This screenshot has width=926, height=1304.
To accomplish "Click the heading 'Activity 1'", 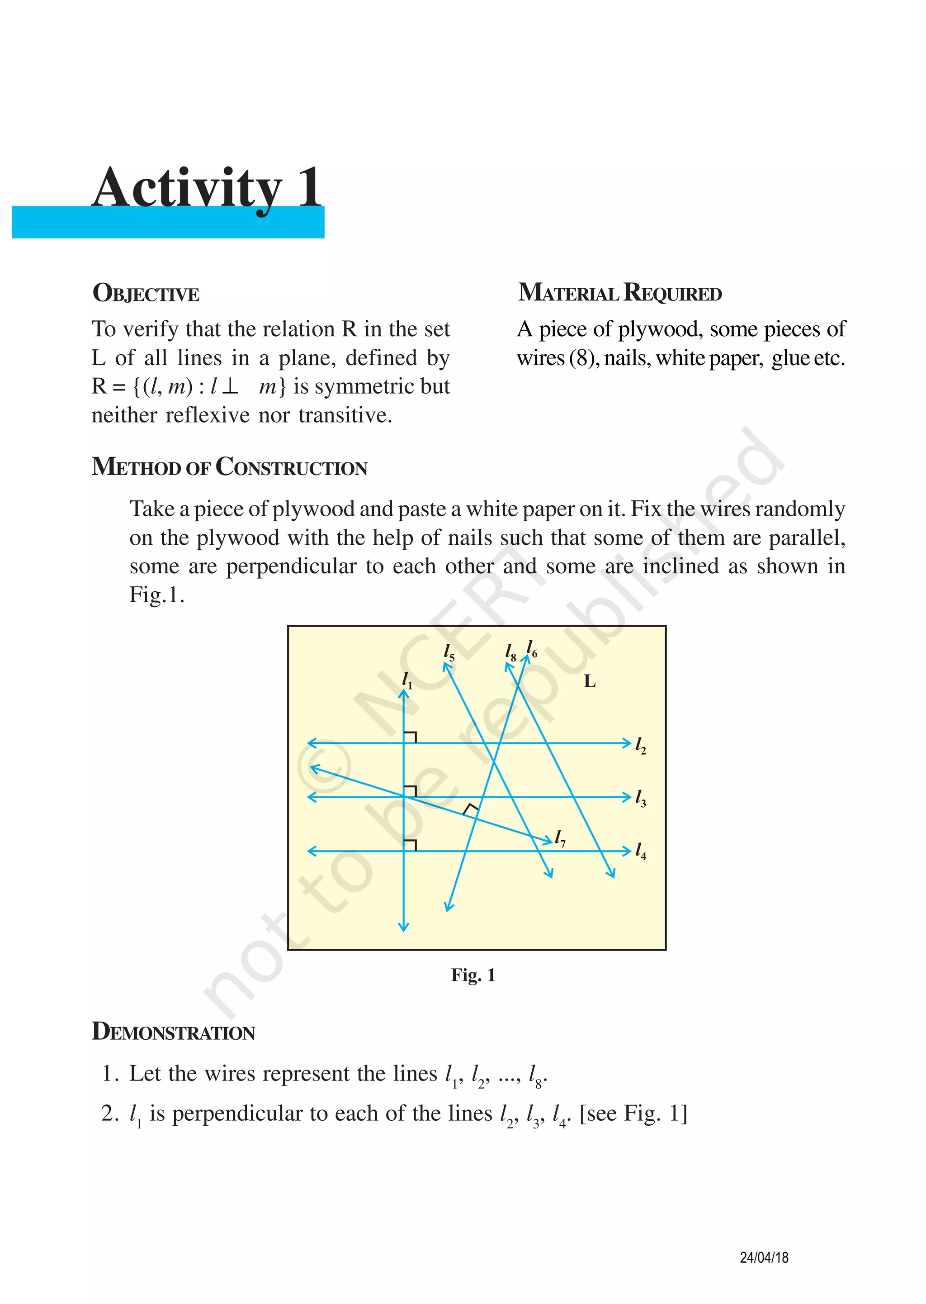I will tap(207, 188).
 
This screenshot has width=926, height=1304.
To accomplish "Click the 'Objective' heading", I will tap(146, 293).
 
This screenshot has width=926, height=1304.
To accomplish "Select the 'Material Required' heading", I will tap(619, 293).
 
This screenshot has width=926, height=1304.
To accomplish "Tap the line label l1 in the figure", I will tap(406, 680).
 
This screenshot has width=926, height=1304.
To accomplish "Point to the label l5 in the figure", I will tap(449, 652).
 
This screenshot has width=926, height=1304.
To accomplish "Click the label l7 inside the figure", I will tap(561, 838).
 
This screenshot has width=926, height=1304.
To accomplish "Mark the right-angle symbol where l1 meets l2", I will tap(411, 737).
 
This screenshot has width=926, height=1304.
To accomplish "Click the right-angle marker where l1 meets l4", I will tap(411, 845).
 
